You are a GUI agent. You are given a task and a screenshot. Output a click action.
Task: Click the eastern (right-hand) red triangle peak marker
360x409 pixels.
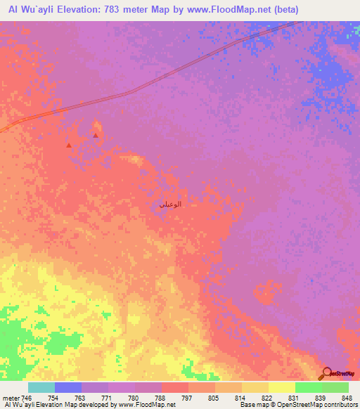(96, 135)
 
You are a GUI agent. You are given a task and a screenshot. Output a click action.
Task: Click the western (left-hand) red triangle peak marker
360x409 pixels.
(68, 145)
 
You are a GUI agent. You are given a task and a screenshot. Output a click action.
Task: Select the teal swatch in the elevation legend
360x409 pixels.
(41, 387)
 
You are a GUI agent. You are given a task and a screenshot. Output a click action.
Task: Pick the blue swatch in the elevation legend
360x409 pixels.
(68, 387)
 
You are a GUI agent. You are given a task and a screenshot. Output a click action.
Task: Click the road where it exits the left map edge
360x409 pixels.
(2, 129)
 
